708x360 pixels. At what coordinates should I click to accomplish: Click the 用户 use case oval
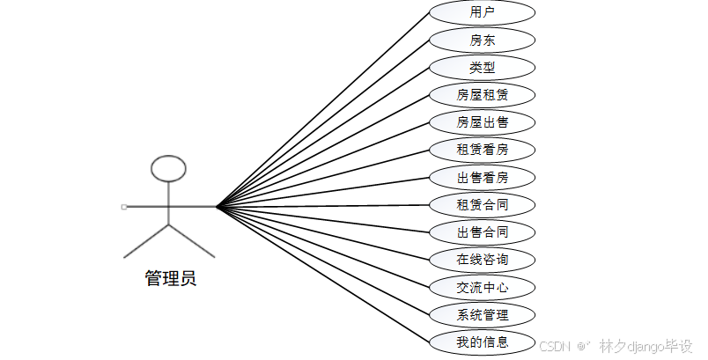[482, 12]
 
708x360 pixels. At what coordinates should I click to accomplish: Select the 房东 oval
[482, 40]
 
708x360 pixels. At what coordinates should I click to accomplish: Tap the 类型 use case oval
[482, 68]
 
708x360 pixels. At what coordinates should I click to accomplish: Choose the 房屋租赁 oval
[482, 95]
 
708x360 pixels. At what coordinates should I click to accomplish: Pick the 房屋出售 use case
[482, 122]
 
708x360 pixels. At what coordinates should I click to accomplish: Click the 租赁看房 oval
[482, 150]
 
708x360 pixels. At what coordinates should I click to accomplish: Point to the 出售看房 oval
[482, 178]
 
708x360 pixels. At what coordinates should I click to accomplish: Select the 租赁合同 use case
[482, 205]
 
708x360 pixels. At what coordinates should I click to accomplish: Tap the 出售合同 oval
[482, 232]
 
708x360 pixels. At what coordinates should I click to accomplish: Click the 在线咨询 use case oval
[482, 260]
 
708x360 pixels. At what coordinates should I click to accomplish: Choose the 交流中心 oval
[482, 287]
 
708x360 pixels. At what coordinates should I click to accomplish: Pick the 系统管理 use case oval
[482, 314]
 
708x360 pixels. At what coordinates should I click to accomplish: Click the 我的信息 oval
[482, 342]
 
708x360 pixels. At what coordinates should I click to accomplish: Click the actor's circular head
[168, 168]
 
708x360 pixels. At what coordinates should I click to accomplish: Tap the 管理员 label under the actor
[170, 279]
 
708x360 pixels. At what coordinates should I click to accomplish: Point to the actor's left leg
[145, 241]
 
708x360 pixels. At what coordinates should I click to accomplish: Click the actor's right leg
[191, 241]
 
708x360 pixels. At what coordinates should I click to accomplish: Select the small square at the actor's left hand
[124, 207]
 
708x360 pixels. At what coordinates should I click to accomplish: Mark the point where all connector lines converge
[217, 207]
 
